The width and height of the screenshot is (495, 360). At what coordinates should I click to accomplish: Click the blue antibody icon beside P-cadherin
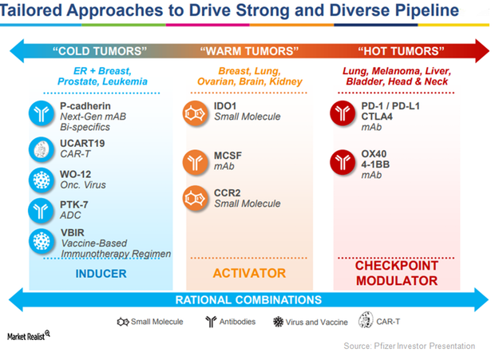click(42, 113)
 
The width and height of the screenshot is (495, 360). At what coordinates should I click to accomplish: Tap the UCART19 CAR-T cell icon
click(42, 149)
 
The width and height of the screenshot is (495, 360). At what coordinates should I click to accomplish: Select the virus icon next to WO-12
click(42, 180)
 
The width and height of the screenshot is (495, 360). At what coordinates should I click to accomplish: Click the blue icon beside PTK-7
click(41, 211)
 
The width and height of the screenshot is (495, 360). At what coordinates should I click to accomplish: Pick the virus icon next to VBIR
click(42, 241)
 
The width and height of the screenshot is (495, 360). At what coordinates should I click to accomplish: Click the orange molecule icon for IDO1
click(196, 113)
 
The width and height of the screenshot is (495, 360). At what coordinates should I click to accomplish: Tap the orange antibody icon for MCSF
click(196, 162)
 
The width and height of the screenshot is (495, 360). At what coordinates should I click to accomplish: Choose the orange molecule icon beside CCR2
click(196, 198)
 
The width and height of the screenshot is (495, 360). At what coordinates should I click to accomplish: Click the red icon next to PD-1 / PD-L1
click(343, 113)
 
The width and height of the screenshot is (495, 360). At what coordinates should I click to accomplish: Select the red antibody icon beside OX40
click(343, 162)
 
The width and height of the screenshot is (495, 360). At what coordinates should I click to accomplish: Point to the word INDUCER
click(101, 274)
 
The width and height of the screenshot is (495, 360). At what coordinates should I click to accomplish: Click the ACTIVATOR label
click(249, 273)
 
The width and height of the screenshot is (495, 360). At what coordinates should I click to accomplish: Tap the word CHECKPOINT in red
click(397, 266)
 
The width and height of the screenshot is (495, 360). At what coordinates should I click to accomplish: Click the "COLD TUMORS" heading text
click(100, 51)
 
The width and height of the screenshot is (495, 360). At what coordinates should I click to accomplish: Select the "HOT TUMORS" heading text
click(401, 51)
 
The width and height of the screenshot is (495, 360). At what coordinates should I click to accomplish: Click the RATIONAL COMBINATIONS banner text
click(248, 300)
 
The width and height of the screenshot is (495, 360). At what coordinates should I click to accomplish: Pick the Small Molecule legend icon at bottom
click(123, 322)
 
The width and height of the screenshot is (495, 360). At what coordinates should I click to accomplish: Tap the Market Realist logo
click(29, 336)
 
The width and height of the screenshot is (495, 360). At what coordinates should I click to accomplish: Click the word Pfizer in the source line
click(385, 346)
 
